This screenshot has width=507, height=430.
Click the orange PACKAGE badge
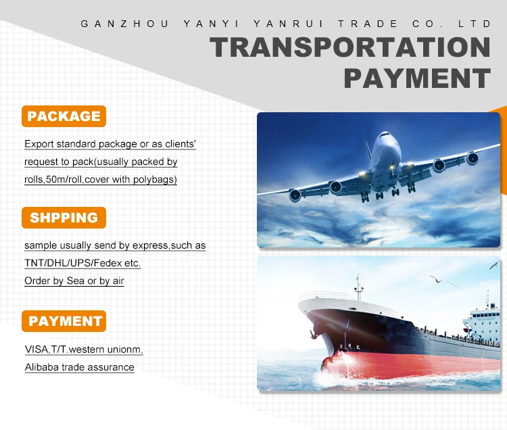click(64, 116)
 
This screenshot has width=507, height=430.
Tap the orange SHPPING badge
click(64, 218)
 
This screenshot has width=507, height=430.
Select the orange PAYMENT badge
click(64, 321)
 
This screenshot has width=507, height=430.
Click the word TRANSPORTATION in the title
click(350, 47)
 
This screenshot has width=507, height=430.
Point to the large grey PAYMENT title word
click(418, 78)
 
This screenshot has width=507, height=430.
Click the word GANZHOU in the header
click(125, 24)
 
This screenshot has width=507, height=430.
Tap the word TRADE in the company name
click(368, 24)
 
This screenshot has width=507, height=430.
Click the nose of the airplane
click(385, 135)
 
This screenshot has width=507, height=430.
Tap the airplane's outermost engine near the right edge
click(473, 158)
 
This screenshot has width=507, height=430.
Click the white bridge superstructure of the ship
click(481, 323)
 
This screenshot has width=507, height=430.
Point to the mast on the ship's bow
click(358, 287)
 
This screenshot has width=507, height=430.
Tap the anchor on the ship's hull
click(313, 334)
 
